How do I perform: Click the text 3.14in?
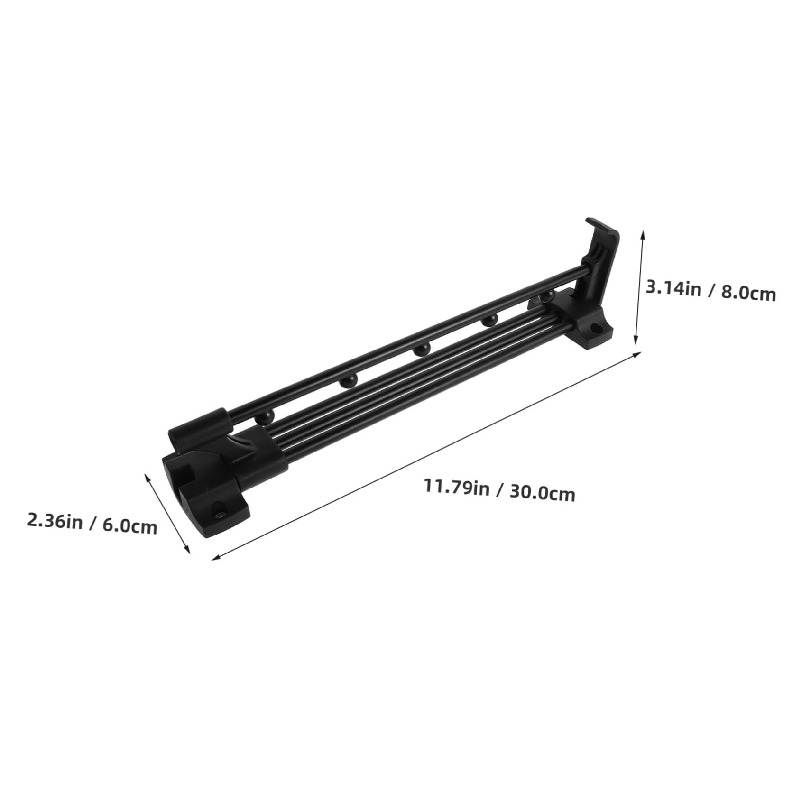point(673,288)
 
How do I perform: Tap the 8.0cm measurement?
point(749,294)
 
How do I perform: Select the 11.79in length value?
point(457,487)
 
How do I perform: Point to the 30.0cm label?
point(543,493)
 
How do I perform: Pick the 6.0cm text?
point(129,526)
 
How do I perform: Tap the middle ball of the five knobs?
point(420,351)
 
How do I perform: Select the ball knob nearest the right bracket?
point(548,297)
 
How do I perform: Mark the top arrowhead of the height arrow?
point(643,232)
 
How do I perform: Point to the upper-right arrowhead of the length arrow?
point(639,353)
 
